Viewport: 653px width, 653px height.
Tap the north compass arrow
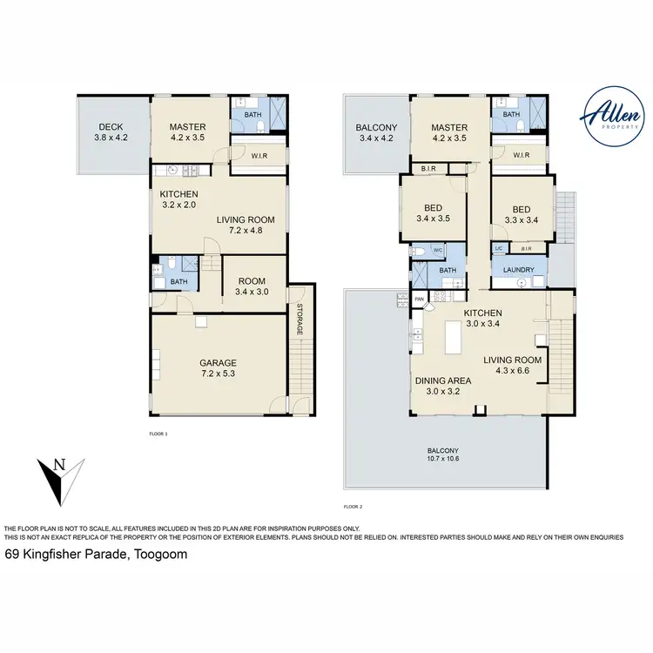(x=58, y=479)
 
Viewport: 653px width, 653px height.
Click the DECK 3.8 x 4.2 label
(x=111, y=131)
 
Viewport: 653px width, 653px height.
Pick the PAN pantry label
(x=419, y=300)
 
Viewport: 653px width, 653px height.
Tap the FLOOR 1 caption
(x=158, y=433)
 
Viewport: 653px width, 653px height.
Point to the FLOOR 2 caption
(x=353, y=506)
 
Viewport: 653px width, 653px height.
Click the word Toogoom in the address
(x=159, y=554)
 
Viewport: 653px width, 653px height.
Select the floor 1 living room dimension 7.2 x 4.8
(x=239, y=231)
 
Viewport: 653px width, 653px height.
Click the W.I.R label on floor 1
(x=259, y=158)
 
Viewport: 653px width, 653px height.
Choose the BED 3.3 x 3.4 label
(x=521, y=215)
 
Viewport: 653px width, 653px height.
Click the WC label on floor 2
(x=438, y=251)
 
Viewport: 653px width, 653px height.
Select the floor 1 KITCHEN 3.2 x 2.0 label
(x=179, y=199)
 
